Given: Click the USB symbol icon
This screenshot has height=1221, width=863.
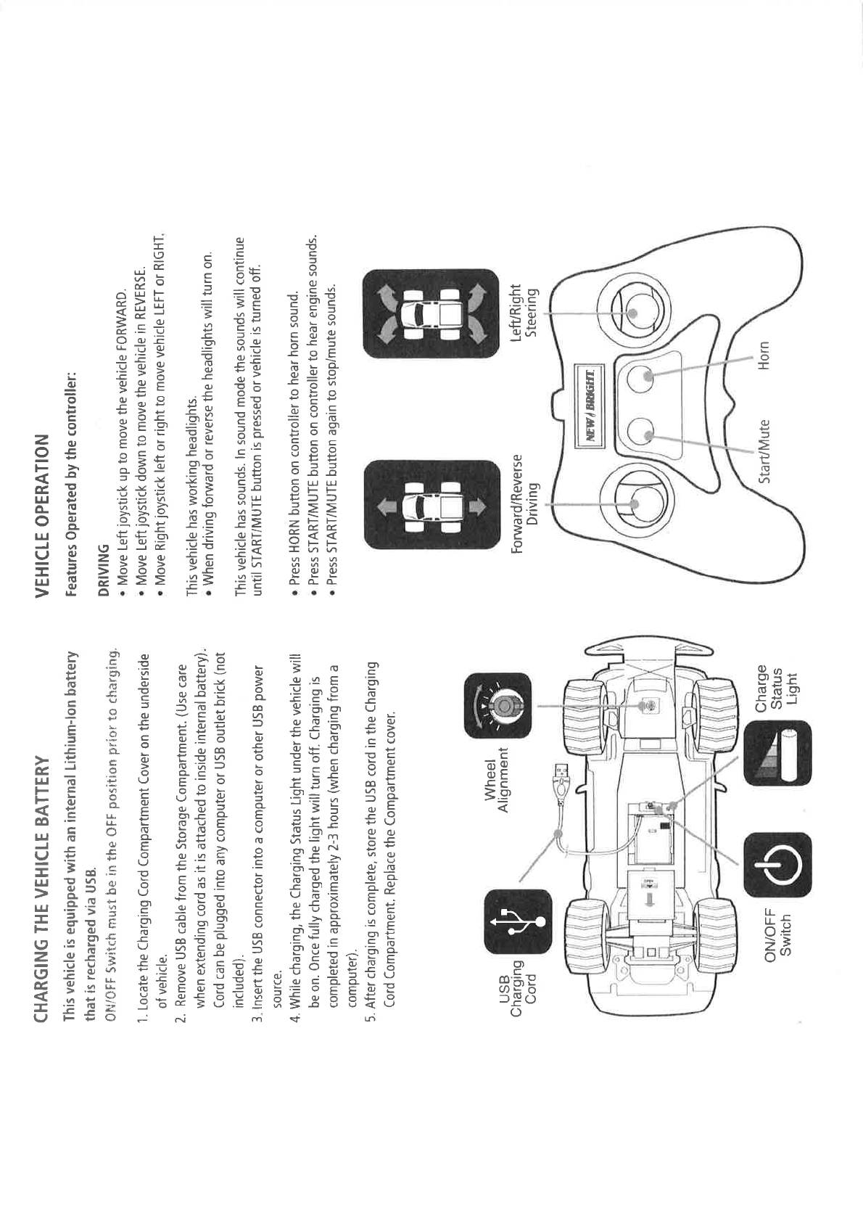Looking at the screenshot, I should click(x=516, y=923).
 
